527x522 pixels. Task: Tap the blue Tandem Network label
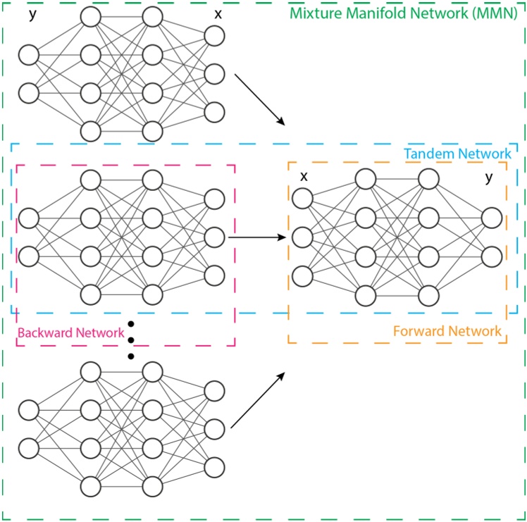click(457, 154)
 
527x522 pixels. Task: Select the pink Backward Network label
click(70, 333)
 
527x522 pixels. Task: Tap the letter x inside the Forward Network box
click(304, 176)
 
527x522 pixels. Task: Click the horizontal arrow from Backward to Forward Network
click(257, 237)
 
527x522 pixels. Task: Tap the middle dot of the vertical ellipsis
click(130, 341)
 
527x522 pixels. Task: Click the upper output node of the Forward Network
click(491, 219)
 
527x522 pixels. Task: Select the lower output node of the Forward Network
click(491, 256)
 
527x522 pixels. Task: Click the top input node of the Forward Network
click(302, 199)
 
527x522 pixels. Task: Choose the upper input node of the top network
click(29, 54)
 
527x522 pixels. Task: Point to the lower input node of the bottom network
click(29, 447)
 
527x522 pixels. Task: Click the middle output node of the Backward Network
click(215, 237)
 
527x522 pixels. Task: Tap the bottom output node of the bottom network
click(215, 466)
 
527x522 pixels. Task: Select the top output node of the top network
click(215, 35)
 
